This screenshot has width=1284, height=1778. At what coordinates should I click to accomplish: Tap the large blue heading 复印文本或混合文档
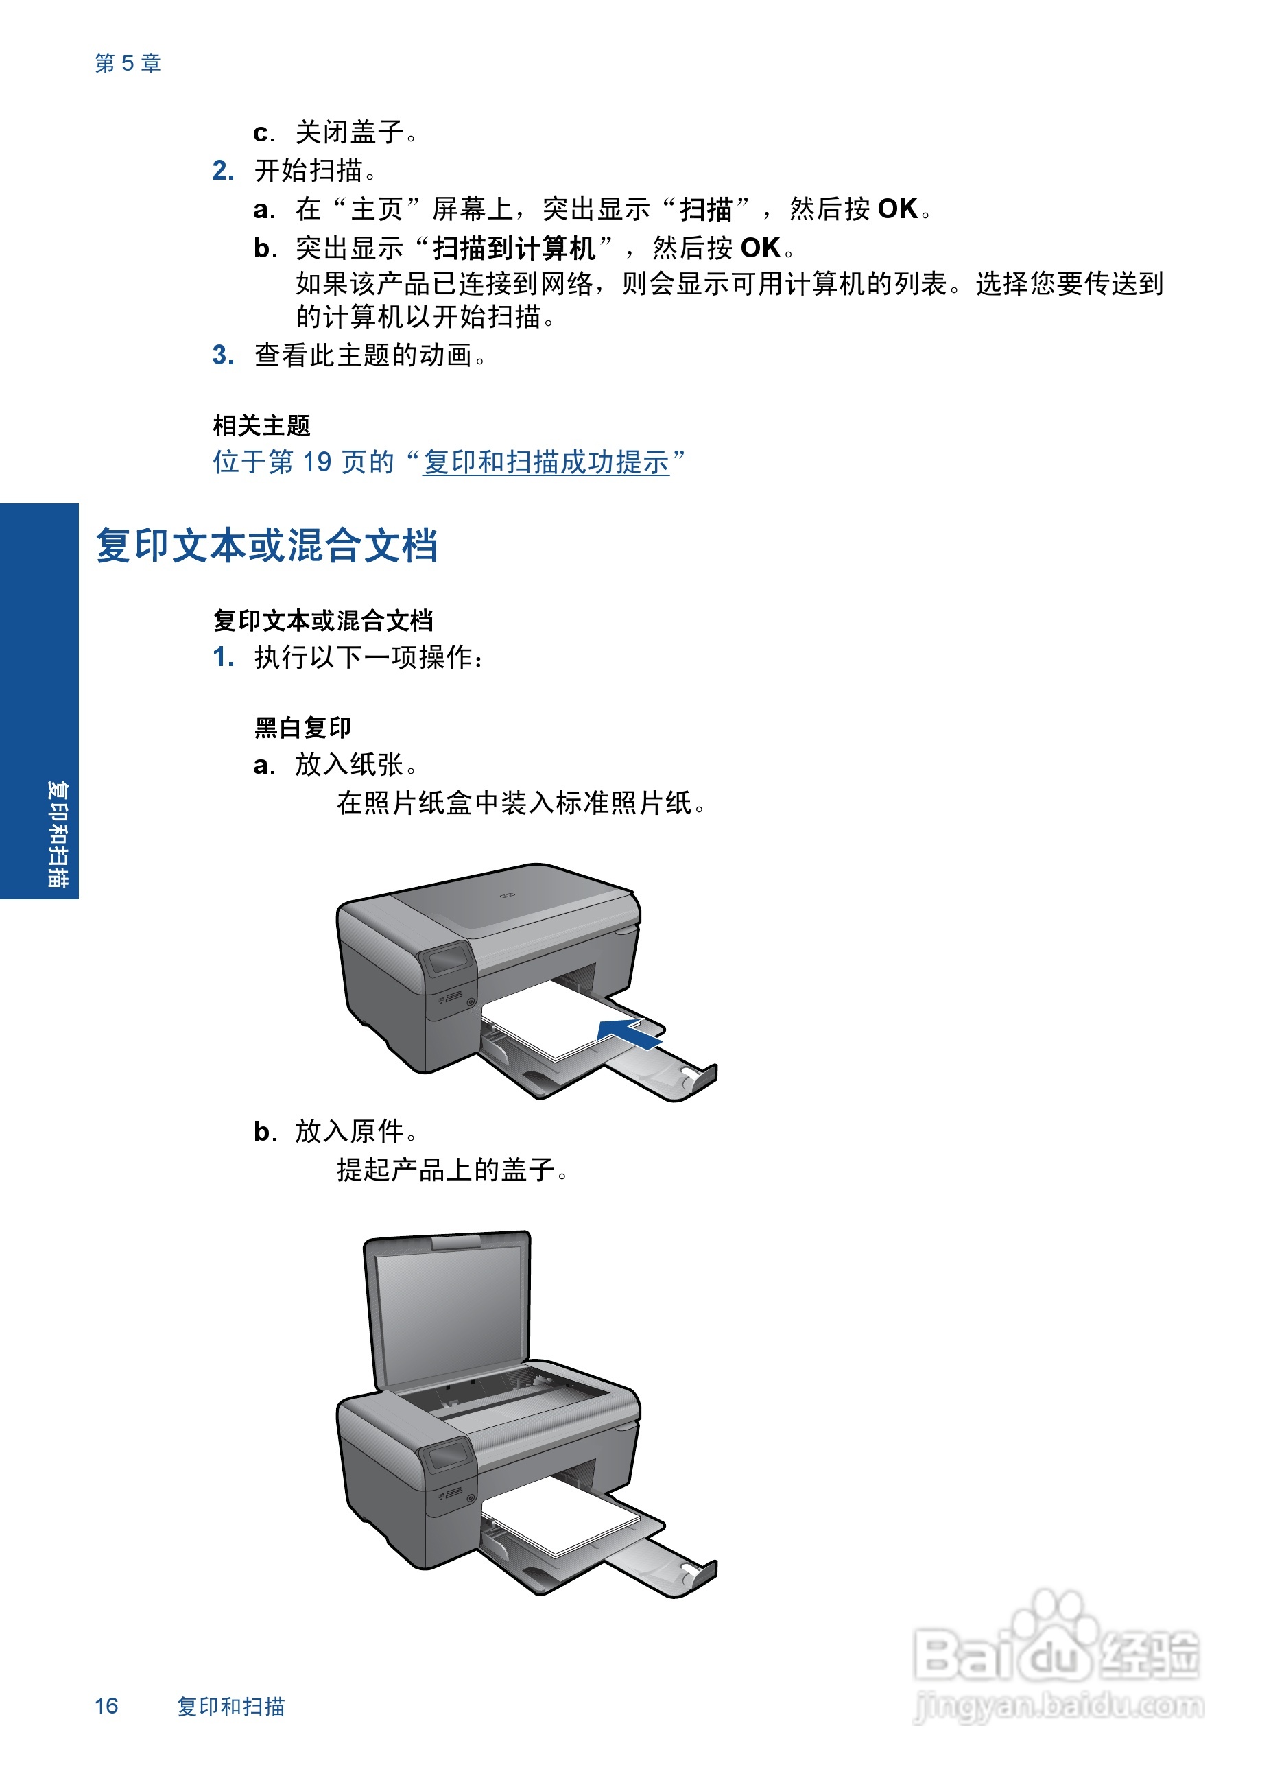pos(267,545)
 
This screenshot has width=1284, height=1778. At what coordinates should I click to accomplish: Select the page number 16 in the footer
pos(106,1706)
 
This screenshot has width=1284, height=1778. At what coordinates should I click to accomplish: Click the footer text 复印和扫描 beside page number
pos(230,1707)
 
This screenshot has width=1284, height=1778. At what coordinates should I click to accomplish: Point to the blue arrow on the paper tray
pos(630,1034)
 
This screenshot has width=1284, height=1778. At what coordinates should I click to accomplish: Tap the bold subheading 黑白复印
pos(302,728)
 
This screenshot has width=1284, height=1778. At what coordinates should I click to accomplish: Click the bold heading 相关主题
pos(262,426)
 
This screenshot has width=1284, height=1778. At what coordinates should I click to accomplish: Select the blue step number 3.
pos(223,355)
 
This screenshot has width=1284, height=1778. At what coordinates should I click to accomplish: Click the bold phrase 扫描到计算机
pos(514,248)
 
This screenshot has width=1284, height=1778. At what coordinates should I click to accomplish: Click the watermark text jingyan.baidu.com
pos(1058,1706)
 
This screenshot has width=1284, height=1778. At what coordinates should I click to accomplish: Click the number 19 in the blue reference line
pos(317,462)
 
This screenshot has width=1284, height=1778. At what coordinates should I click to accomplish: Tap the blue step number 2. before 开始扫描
pos(223,170)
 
